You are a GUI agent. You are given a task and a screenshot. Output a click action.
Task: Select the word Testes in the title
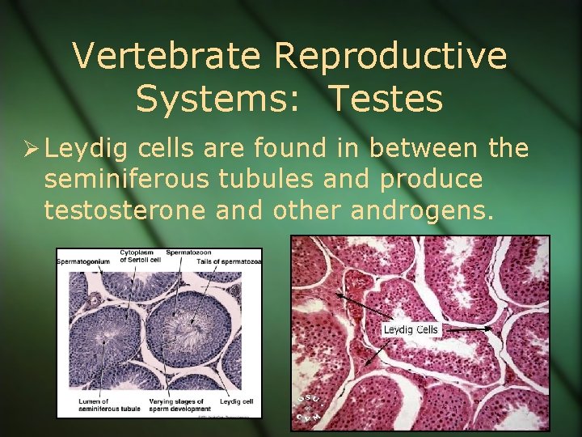pyautogui.click(x=386, y=99)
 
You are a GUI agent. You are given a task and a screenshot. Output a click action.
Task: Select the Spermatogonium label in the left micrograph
pyautogui.click(x=84, y=263)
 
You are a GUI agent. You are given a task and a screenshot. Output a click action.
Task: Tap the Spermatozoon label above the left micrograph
pyautogui.click(x=188, y=252)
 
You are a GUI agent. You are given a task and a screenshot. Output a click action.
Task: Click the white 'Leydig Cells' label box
pyautogui.click(x=411, y=329)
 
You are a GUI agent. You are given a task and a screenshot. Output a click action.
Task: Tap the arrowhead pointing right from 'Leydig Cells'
pyautogui.click(x=489, y=329)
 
